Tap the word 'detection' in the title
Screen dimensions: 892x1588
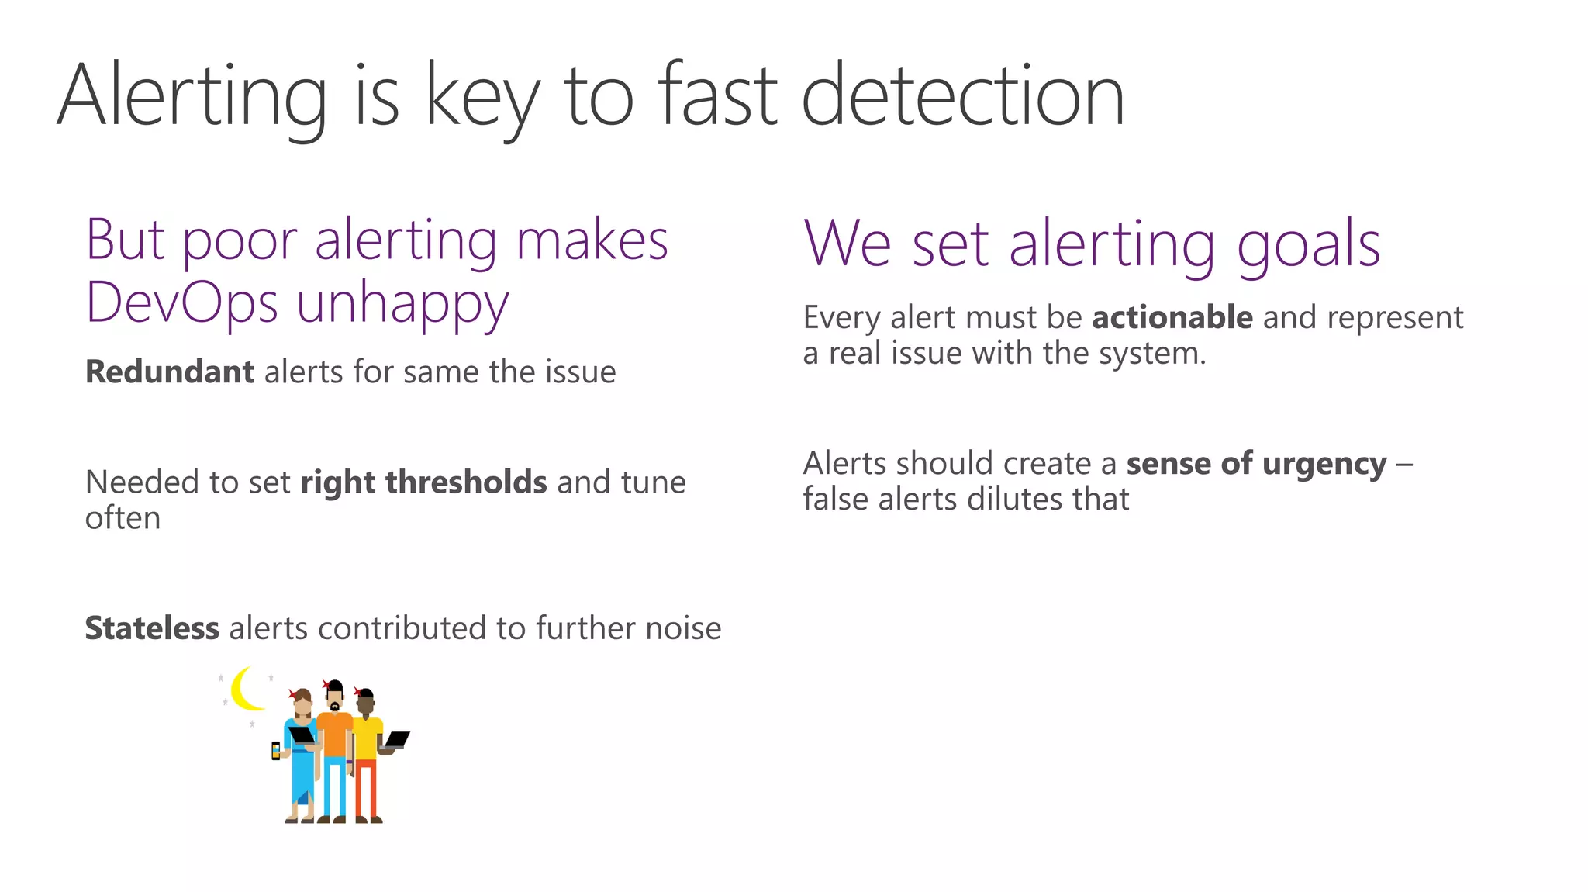click(962, 97)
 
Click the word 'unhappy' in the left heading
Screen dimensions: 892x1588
click(402, 304)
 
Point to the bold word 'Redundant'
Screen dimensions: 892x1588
click(169, 372)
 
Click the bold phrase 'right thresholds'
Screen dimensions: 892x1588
click(423, 482)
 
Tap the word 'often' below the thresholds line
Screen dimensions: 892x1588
click(123, 518)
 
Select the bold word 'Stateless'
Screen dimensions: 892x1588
click(152, 628)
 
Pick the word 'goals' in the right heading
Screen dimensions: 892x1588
click(1308, 245)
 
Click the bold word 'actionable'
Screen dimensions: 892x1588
click(1172, 318)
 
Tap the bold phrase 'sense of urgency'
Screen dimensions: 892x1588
click(1256, 464)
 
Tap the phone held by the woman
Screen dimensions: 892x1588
click(275, 750)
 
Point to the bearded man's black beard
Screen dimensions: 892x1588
click(334, 706)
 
